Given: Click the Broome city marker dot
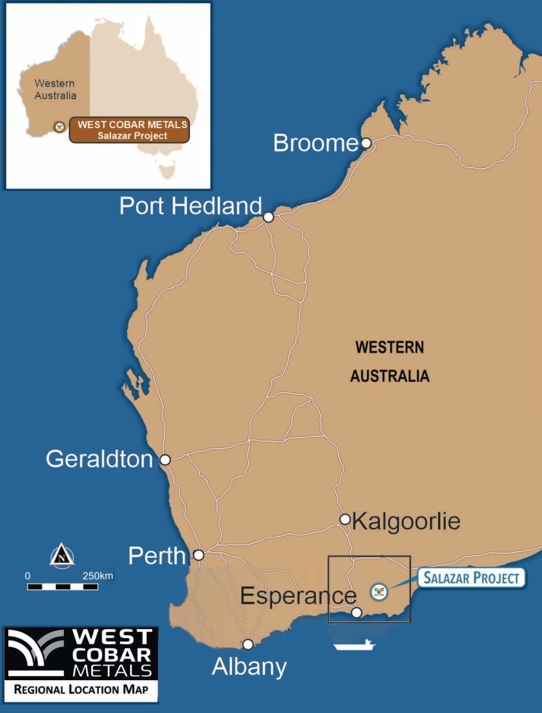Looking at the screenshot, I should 366,143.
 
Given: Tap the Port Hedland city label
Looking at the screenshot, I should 191,206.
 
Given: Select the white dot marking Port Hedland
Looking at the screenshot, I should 268,217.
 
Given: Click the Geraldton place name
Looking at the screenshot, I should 100,459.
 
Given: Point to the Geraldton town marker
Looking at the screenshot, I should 165,459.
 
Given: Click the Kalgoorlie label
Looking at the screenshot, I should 406,522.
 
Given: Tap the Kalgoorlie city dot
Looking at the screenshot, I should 344,519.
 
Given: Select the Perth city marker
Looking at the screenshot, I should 199,555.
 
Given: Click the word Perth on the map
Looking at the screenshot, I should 157,556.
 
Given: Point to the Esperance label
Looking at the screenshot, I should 298,596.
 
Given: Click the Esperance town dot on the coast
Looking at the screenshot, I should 356,612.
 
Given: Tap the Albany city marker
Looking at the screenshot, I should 248,644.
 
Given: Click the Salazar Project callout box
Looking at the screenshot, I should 473,578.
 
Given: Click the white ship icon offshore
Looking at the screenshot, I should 354,645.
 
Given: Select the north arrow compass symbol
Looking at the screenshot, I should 62,557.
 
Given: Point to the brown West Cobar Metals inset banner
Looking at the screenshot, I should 129,130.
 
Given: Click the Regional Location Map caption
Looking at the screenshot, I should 81,690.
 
